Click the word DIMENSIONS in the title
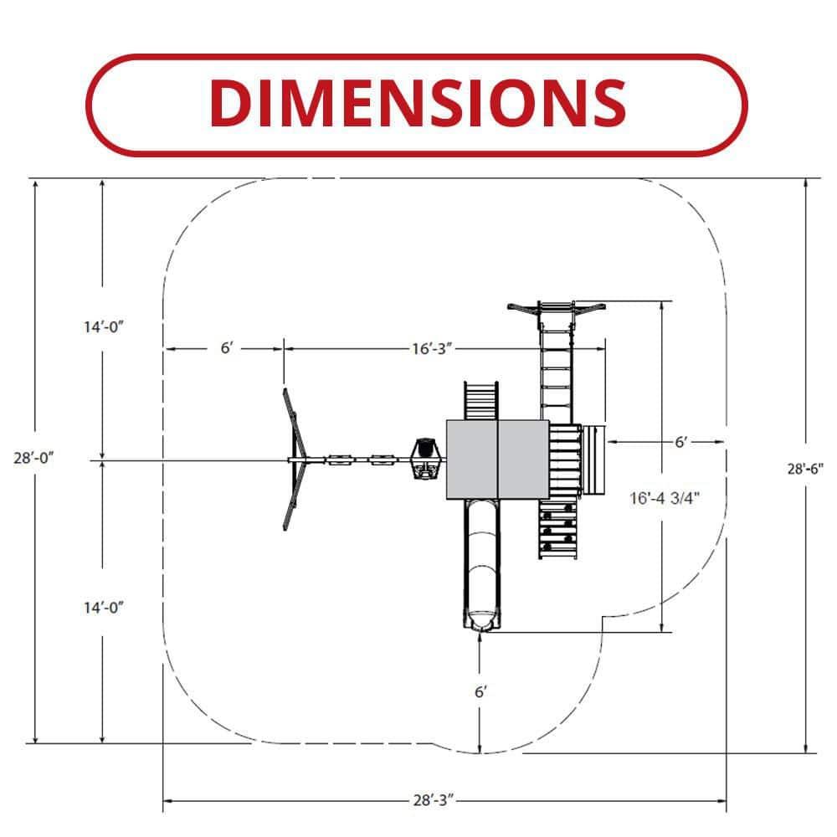pyautogui.click(x=418, y=103)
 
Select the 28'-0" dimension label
pyautogui.click(x=34, y=458)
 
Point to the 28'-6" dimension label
pyautogui.click(x=805, y=469)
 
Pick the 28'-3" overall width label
pyautogui.click(x=434, y=800)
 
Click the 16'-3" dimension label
pyautogui.click(x=432, y=348)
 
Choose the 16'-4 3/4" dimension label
pyautogui.click(x=665, y=498)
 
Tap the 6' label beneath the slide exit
pyautogui.click(x=480, y=692)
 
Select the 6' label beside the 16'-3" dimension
pyautogui.click(x=227, y=348)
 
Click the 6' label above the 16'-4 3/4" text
pyautogui.click(x=681, y=442)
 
